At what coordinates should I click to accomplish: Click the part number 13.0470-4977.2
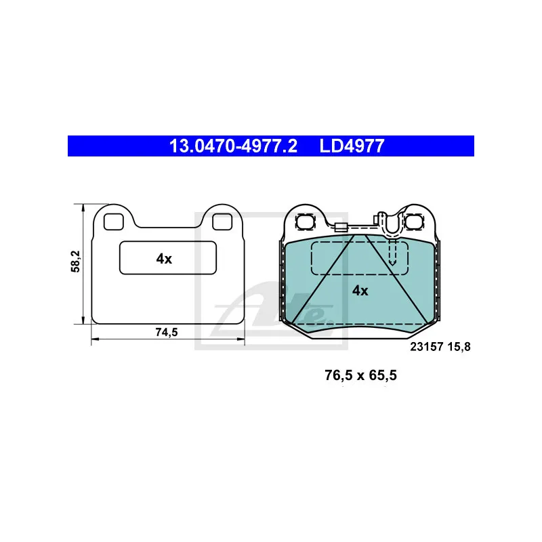[x=233, y=146]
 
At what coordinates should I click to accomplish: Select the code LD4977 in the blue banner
[x=352, y=146]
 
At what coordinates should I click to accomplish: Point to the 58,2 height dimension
[x=75, y=262]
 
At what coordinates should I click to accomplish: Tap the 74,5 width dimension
[x=166, y=332]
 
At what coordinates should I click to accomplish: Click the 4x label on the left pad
[x=164, y=259]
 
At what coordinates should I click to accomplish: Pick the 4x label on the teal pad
[x=360, y=291]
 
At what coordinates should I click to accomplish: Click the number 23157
[x=427, y=347]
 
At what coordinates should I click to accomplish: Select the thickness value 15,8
[x=459, y=347]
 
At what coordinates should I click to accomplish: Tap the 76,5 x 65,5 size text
[x=360, y=375]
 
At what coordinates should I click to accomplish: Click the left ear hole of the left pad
[x=114, y=222]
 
